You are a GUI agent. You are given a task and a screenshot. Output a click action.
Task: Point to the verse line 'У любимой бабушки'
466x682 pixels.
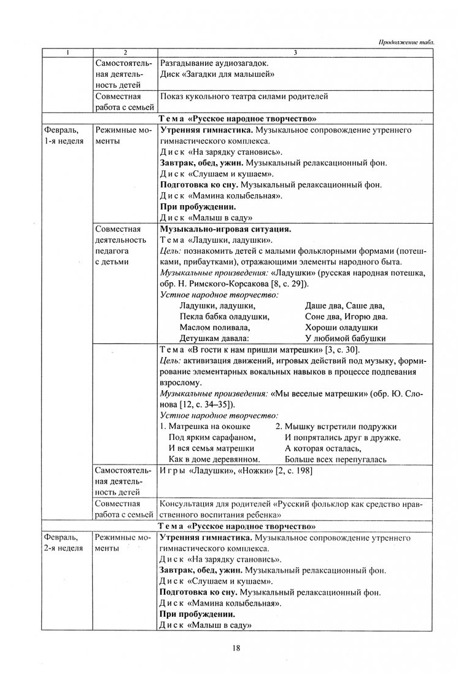coord(345,338)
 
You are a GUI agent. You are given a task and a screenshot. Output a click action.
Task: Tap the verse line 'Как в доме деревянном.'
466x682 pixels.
coord(214,458)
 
